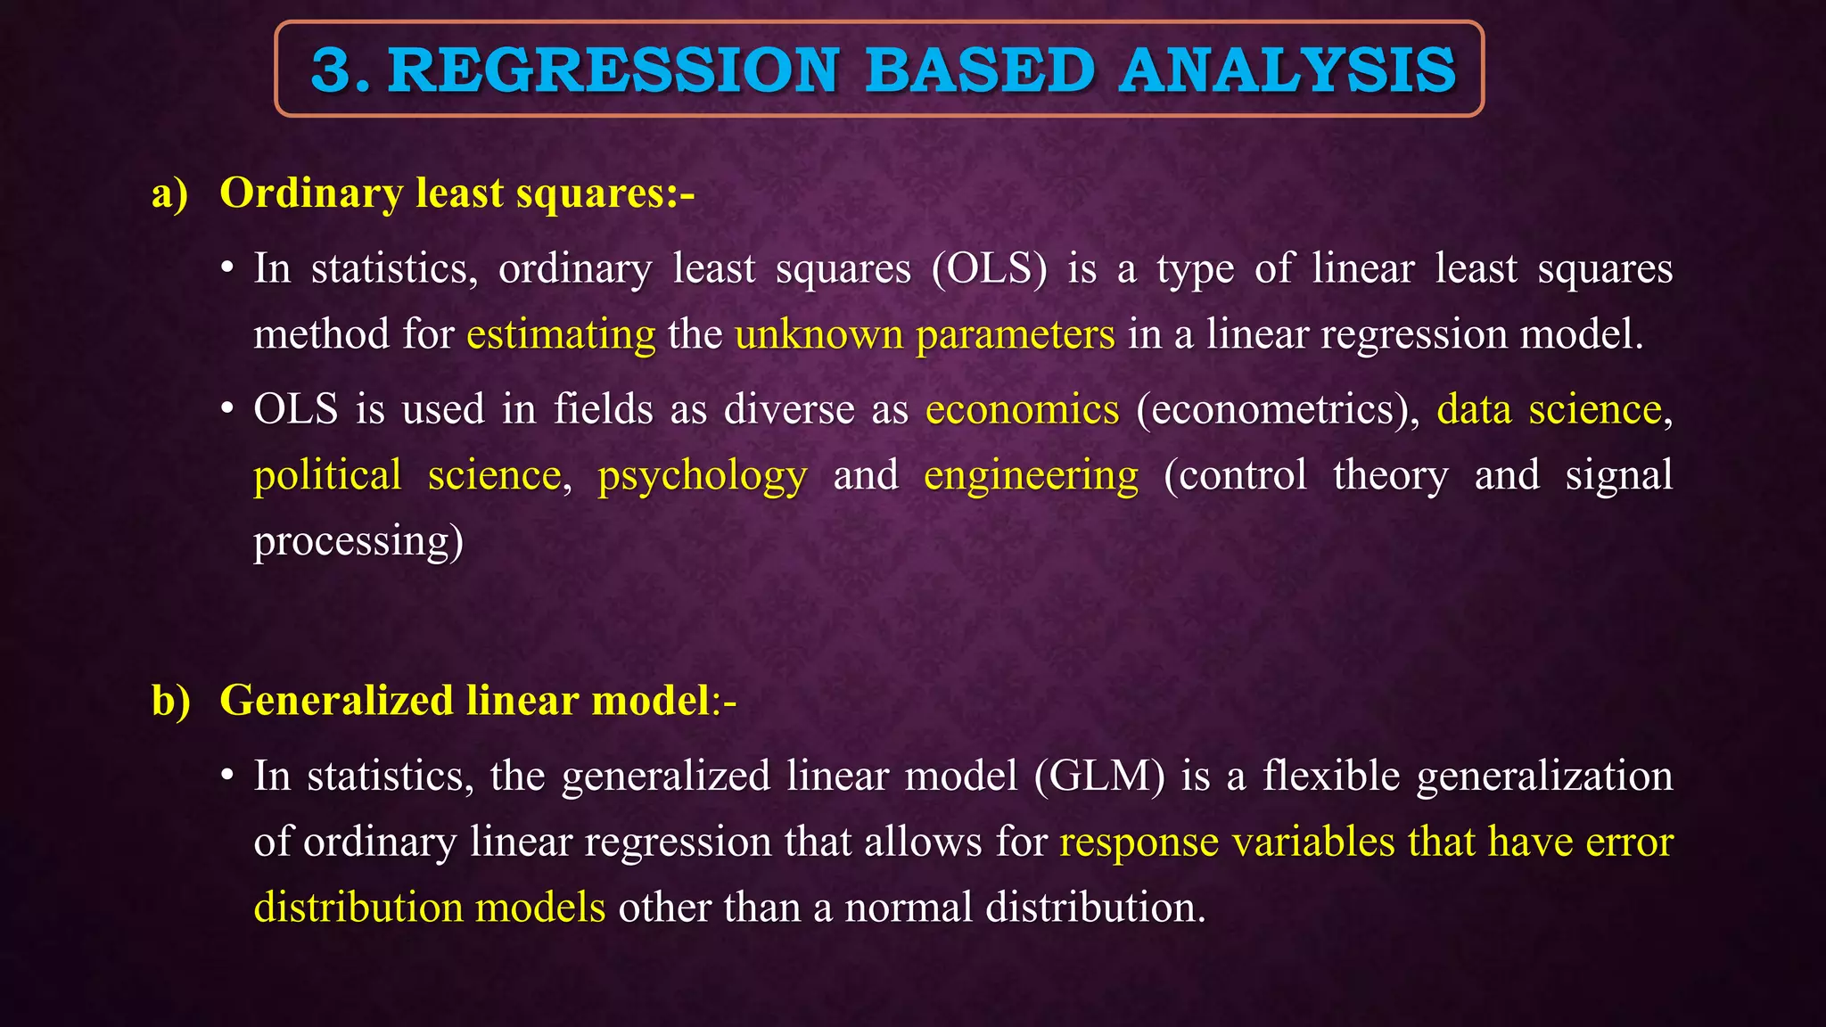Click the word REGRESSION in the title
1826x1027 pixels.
pyautogui.click(x=613, y=70)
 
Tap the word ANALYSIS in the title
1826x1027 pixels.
pyautogui.click(x=1287, y=70)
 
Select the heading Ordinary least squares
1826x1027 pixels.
pyautogui.click(x=456, y=193)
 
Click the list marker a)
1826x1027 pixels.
pyautogui.click(x=169, y=193)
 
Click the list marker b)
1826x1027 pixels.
pyautogui.click(x=170, y=701)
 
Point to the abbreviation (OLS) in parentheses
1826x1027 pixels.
pyautogui.click(x=989, y=268)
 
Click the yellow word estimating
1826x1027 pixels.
pyautogui.click(x=561, y=334)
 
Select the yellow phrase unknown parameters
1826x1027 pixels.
pyautogui.click(x=925, y=334)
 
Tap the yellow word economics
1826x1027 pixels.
pyautogui.click(x=1022, y=409)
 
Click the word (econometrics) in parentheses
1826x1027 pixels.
pyautogui.click(x=1277, y=409)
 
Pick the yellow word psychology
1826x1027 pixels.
pyautogui.click(x=702, y=475)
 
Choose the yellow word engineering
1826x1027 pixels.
pyautogui.click(x=1031, y=475)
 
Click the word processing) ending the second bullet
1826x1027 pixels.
pyautogui.click(x=358, y=541)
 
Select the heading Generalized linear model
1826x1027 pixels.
pyautogui.click(x=464, y=700)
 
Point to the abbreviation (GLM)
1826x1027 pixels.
pyautogui.click(x=1099, y=776)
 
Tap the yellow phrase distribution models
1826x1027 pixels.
pyautogui.click(x=429, y=908)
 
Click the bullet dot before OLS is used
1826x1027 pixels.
pyautogui.click(x=228, y=409)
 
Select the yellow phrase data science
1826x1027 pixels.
pyautogui.click(x=1550, y=409)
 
